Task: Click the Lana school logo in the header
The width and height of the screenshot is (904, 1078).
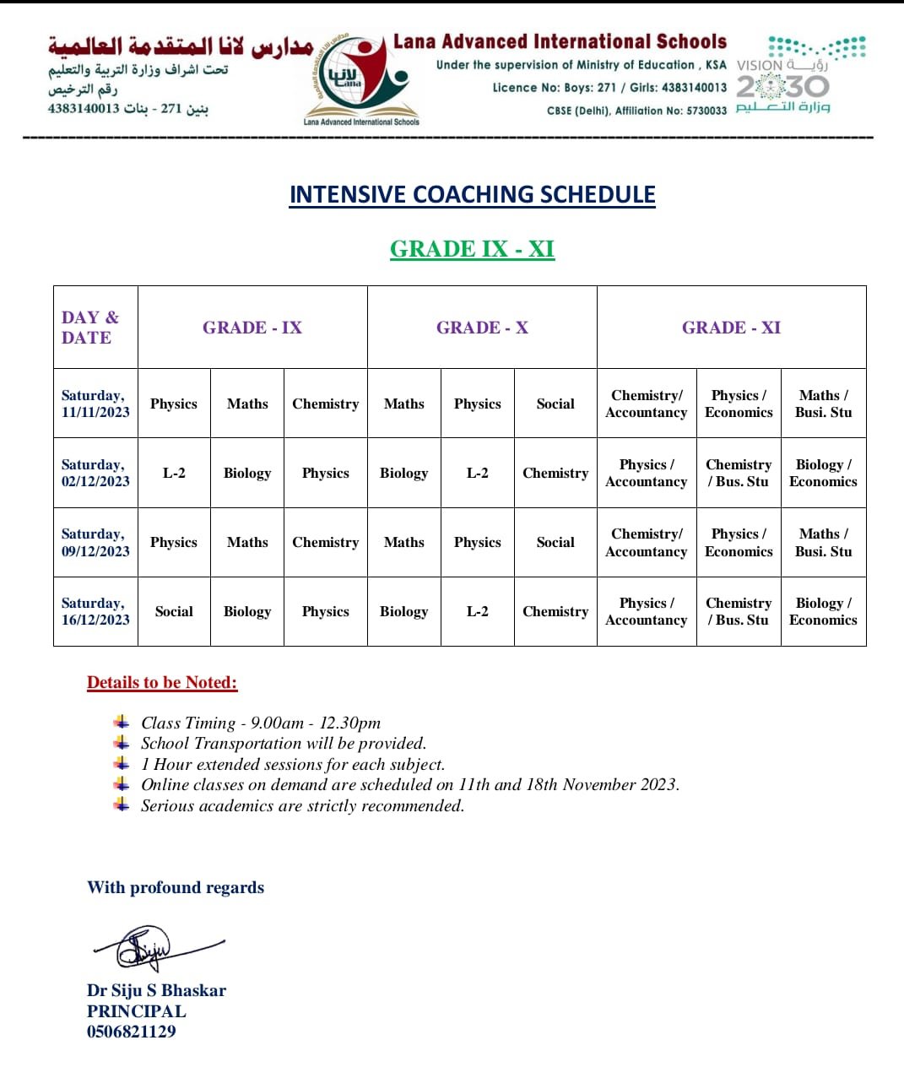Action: coord(361,80)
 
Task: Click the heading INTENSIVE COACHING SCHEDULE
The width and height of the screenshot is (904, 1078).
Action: coord(472,195)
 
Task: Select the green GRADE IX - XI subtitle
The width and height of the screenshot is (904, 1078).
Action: coord(472,249)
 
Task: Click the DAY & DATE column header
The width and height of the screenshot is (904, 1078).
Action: coord(90,328)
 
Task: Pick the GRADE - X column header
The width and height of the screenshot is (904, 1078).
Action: coord(482,328)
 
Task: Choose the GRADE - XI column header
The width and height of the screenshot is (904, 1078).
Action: coord(731,328)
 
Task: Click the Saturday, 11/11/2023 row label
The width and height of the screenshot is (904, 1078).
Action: coord(95,404)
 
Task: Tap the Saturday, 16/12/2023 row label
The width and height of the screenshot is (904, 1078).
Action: coord(95,611)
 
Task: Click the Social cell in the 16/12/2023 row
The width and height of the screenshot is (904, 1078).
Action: coord(174,611)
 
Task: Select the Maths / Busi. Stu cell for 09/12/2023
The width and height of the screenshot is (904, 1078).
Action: coord(823,542)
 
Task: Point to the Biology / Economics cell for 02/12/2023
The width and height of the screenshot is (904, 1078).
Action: coord(823,473)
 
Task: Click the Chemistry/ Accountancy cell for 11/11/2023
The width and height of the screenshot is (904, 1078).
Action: coord(647,404)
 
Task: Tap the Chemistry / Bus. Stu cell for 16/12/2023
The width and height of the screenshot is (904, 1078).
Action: coord(739,611)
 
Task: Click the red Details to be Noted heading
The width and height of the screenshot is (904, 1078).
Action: coord(162,683)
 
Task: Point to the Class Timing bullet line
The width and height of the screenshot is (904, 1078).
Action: coord(261,723)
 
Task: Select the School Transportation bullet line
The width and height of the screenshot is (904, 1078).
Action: coord(284,743)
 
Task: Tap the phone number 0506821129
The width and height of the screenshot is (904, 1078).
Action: coord(132,1031)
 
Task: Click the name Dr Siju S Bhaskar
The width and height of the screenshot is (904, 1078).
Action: coord(156,990)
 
